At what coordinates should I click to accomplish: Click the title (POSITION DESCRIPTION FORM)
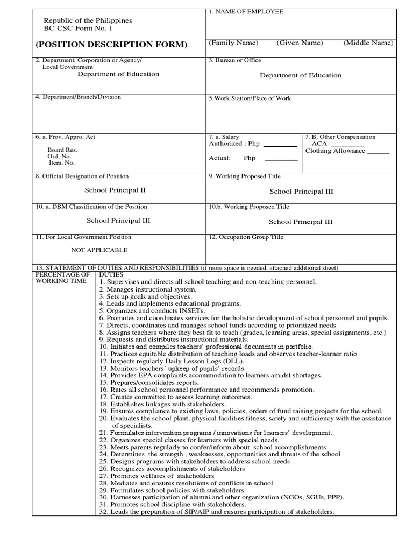(112, 44)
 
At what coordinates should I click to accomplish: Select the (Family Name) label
(233, 43)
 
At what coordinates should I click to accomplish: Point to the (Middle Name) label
(369, 43)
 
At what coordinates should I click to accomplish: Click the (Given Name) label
(300, 43)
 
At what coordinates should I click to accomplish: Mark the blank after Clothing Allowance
(378, 153)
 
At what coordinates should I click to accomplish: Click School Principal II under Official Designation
(115, 190)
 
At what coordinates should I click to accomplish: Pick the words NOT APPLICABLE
(99, 250)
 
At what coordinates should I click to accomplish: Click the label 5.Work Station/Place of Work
(250, 98)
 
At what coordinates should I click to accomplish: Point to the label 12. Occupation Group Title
(246, 237)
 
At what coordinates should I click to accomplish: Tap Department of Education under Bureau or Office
(301, 75)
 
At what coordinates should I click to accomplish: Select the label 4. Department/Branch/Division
(79, 97)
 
